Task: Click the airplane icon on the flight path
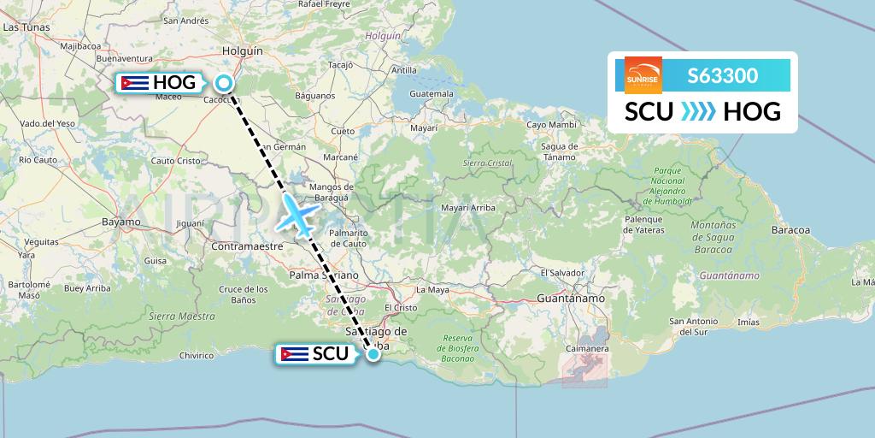click(297, 215)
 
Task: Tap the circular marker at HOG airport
click(224, 83)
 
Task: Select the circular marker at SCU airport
click(373, 353)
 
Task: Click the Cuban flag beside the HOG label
click(135, 83)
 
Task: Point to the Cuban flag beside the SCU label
click(295, 353)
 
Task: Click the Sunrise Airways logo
click(643, 75)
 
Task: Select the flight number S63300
click(722, 75)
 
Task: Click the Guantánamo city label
click(571, 298)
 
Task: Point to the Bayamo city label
click(120, 222)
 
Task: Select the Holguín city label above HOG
click(242, 51)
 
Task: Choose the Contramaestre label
click(247, 246)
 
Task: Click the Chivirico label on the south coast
click(196, 355)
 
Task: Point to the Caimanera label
click(587, 349)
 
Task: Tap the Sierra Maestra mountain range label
click(182, 316)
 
